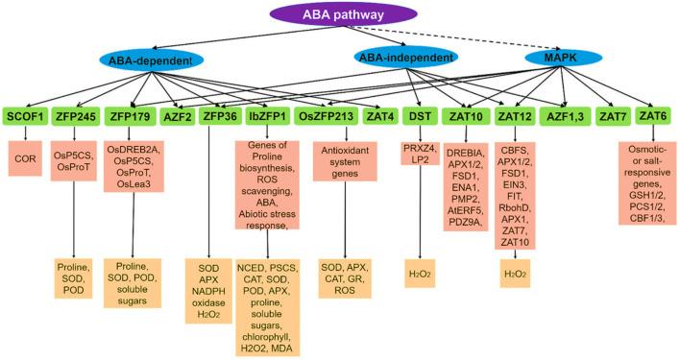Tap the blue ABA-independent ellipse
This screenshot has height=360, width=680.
point(405,57)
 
